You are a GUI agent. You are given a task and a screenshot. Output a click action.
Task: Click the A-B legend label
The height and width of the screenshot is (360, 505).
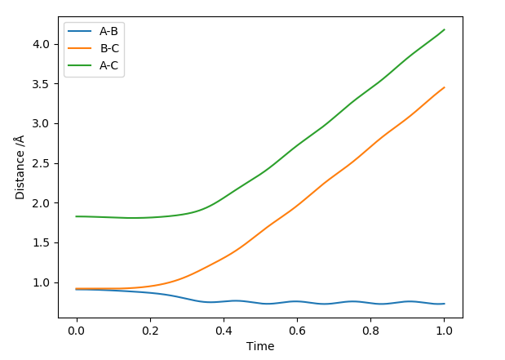pos(109,32)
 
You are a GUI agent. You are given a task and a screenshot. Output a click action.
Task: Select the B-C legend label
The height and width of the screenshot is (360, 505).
pos(109,48)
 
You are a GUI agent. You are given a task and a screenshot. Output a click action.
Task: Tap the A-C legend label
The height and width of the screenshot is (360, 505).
pos(109,65)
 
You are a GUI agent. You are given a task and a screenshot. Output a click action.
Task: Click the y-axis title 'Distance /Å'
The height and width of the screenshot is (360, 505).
pos(20,167)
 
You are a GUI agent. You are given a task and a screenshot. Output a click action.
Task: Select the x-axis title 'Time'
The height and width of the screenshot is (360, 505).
pos(260,346)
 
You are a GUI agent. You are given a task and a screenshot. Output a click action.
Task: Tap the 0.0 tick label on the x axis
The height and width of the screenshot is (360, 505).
pos(76,331)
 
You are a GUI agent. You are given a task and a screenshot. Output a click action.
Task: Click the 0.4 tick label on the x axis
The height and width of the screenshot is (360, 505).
pos(224,331)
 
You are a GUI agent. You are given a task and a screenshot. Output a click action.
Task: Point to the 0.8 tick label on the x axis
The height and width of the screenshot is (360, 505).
pos(370,331)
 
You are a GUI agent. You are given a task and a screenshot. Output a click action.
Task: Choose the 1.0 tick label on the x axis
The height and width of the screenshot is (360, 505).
pos(444,331)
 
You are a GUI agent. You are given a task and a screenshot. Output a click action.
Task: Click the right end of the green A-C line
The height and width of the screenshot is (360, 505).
pos(444,29)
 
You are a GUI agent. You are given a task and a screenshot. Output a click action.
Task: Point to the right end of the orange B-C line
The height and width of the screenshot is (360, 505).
pos(444,87)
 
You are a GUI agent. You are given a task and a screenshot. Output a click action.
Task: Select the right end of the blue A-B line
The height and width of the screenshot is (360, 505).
pos(444,304)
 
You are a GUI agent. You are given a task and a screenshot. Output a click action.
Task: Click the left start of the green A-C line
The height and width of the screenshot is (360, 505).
pos(76,216)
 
